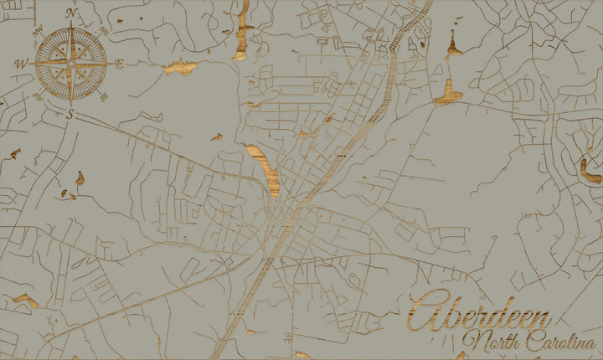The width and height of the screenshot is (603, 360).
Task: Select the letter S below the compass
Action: coord(70,115)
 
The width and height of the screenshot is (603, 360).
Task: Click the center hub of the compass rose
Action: coord(71,63)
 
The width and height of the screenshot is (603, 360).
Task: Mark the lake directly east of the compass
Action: coord(181,68)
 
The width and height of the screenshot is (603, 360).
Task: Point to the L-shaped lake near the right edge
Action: coord(590,172)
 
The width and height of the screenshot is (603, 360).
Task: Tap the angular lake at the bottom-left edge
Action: coord(25,300)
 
